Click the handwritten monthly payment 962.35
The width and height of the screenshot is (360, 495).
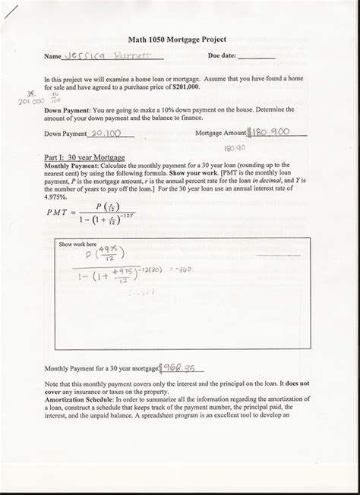(179, 367)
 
